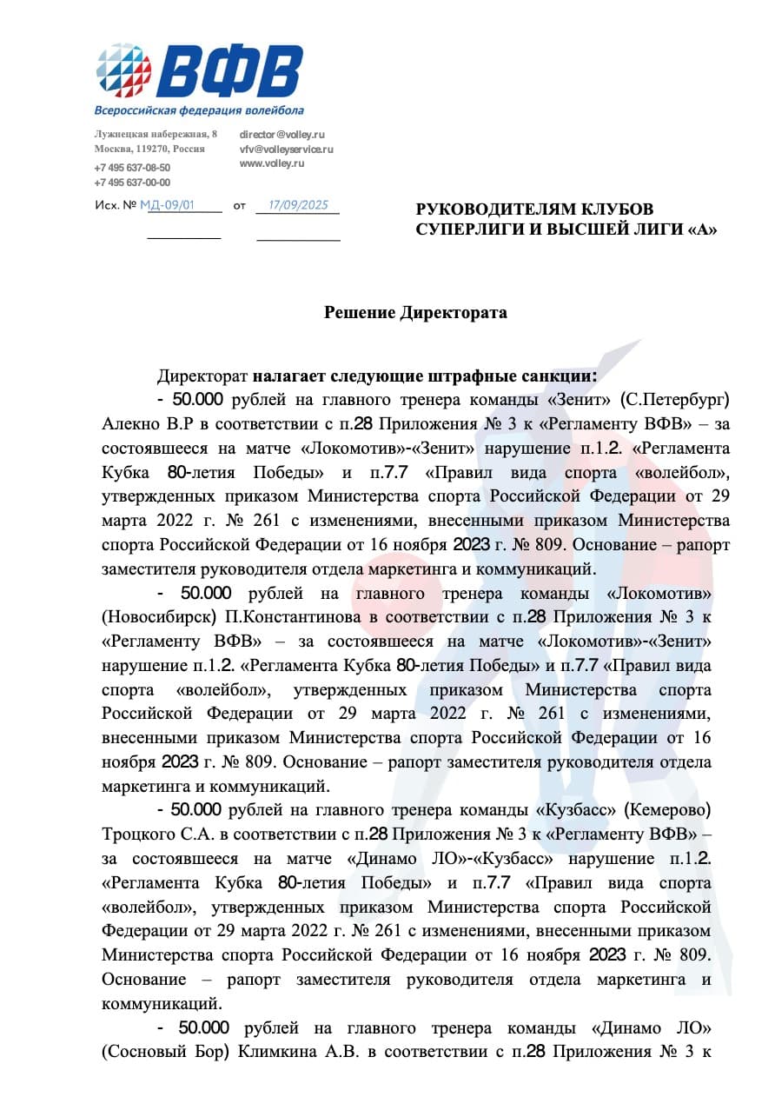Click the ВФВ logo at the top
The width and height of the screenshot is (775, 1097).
coord(200,71)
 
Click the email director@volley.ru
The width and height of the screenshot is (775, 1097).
coord(282,135)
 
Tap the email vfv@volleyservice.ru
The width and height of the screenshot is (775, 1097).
coord(286,150)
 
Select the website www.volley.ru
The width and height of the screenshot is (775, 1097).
coord(272,163)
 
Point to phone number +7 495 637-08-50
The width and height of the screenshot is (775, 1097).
coord(132,168)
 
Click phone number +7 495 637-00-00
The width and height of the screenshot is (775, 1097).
coord(132,183)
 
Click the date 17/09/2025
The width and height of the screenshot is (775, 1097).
coord(298,206)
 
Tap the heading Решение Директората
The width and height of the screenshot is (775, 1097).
coord(415,313)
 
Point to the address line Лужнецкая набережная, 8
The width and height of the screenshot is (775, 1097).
coord(156,134)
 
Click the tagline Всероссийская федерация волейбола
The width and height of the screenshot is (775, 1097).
coord(199,111)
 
